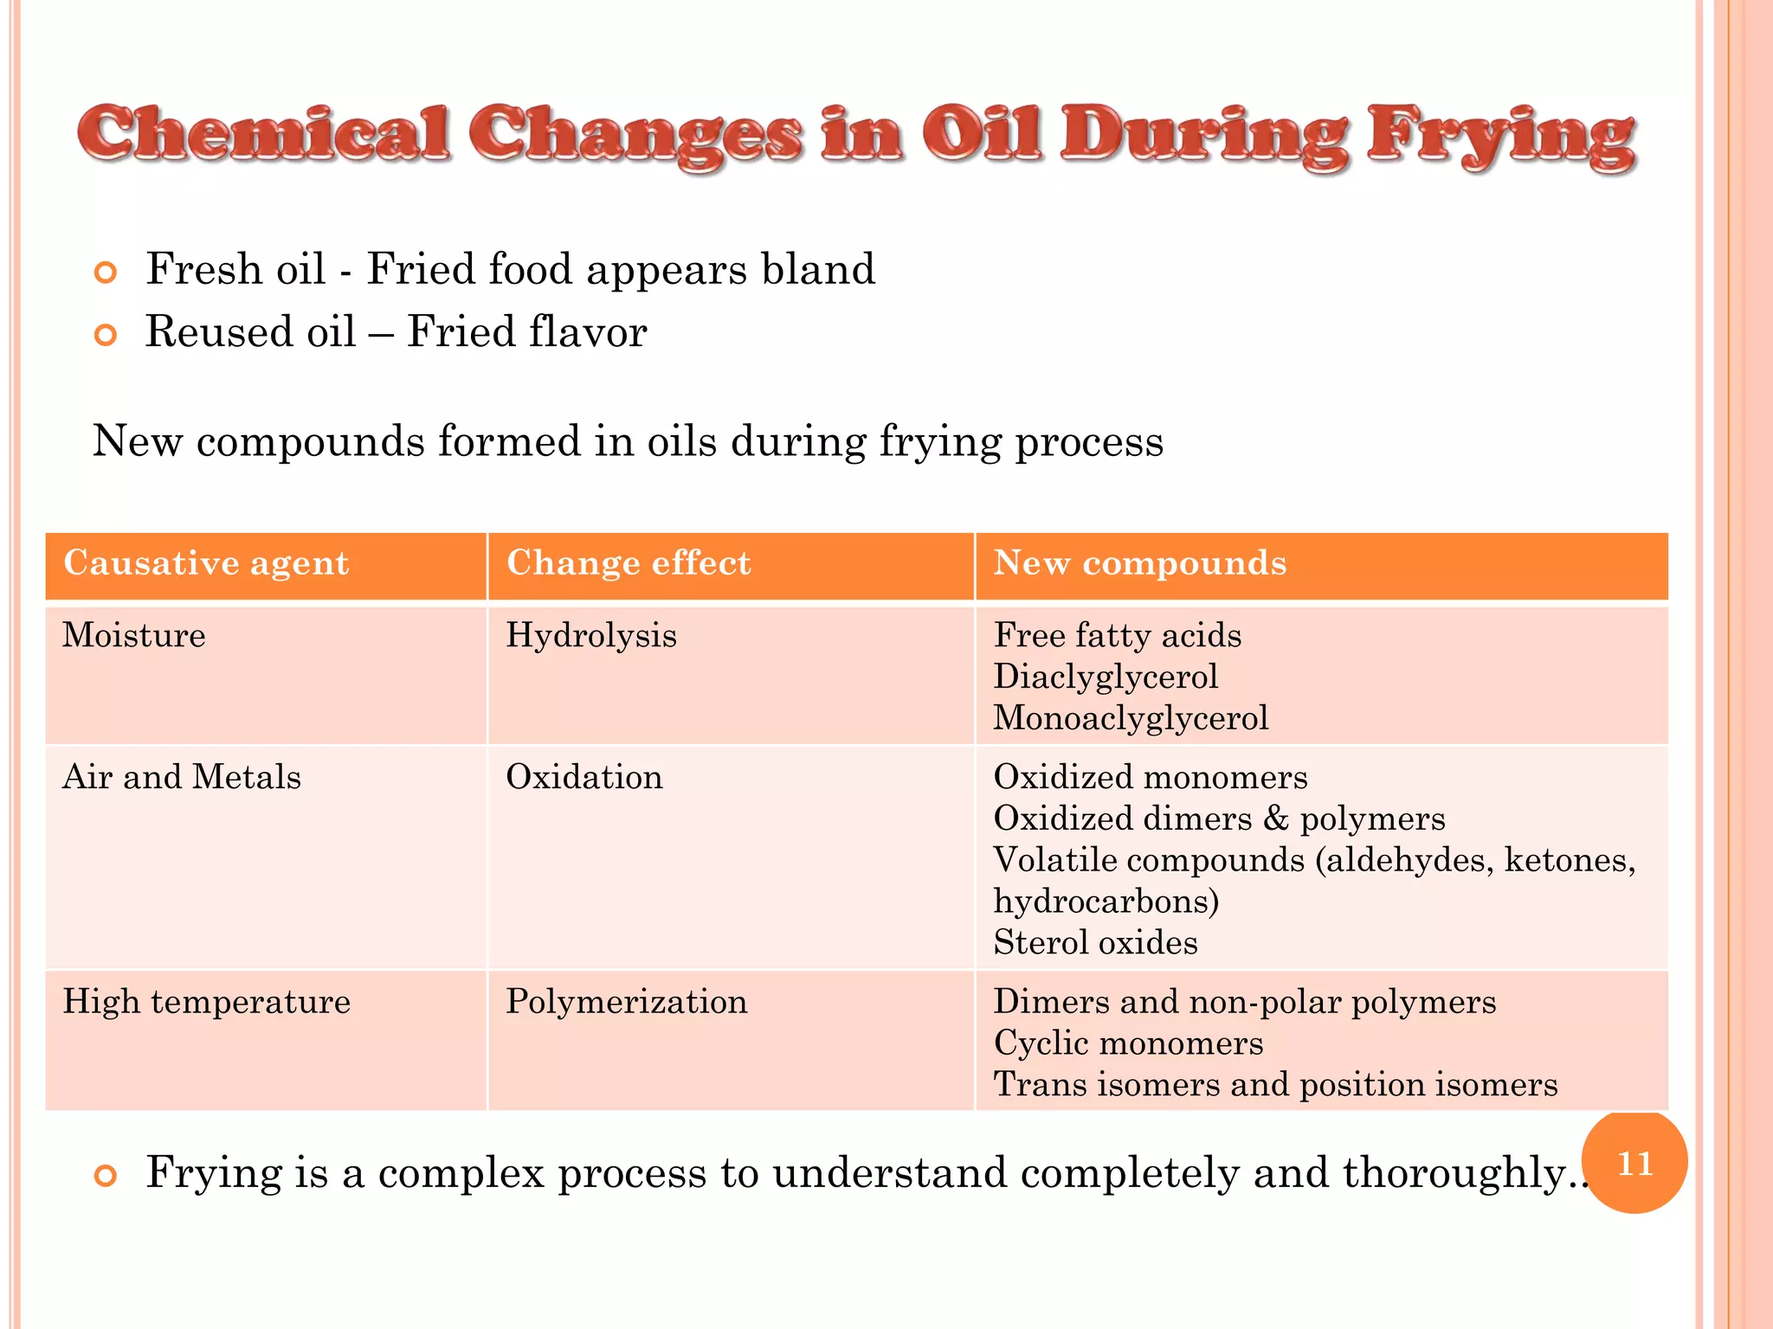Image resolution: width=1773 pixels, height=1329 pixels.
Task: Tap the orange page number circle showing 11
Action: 1634,1162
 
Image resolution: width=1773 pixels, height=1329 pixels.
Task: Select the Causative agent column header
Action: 206,563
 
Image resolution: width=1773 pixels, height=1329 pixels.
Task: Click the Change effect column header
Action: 629,563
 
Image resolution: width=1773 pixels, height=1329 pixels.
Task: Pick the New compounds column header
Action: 1139,563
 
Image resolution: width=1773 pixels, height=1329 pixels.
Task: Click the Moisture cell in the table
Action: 134,636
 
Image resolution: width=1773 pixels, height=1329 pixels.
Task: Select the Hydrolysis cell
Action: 591,636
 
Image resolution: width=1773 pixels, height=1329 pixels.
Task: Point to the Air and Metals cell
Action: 182,777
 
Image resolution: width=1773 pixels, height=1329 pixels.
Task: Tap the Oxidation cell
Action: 584,777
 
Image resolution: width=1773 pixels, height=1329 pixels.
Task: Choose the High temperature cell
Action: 206,1002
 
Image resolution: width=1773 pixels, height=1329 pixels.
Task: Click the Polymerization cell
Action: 627,1002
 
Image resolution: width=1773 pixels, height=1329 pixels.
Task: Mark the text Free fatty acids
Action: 1117,636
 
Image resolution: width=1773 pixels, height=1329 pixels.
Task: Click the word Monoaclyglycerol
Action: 1131,718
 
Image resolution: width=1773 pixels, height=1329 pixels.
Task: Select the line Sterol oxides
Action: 1095,943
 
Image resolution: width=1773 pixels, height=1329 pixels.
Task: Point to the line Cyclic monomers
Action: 1128,1043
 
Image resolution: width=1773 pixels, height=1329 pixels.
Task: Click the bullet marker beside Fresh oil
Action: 105,273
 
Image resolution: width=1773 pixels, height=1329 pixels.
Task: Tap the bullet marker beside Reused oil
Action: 105,335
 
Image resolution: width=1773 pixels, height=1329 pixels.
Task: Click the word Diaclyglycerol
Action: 1106,677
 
